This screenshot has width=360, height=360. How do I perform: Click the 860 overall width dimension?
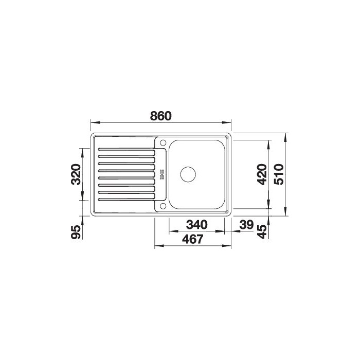160,116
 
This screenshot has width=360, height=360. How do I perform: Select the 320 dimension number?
76,174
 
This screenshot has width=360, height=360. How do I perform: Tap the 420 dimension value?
262,174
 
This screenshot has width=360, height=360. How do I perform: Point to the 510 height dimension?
279,174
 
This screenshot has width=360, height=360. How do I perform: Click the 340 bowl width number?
197,225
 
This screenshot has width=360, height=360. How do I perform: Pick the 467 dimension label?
193,239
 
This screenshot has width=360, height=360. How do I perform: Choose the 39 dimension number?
246,225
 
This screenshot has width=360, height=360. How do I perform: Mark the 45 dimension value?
262,231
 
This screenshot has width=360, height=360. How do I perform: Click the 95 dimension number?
76,232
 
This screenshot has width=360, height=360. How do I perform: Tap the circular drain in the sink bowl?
188,174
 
